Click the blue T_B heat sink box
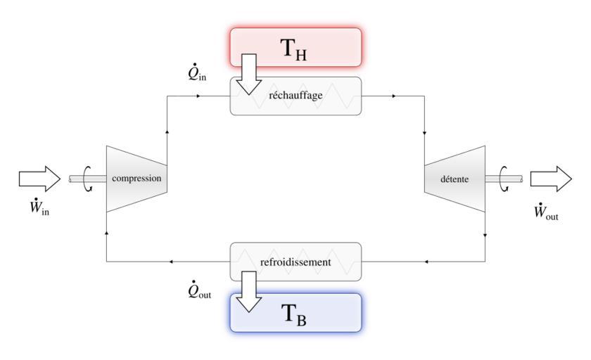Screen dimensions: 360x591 310,312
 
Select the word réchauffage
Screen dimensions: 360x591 295,96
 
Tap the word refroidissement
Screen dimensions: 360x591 295,262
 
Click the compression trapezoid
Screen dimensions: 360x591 136,179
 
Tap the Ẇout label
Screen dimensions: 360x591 546,210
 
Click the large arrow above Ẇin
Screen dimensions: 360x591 40,178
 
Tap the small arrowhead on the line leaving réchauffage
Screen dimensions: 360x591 393,95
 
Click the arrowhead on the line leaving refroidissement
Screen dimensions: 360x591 171,262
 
